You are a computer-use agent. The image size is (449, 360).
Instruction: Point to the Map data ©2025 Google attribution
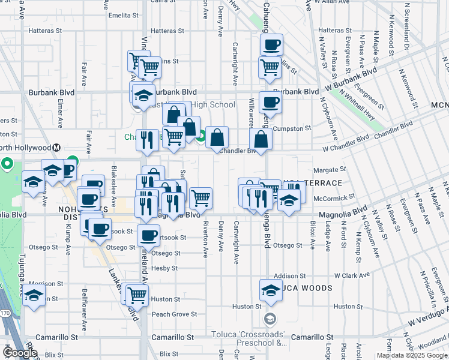tap(412, 355)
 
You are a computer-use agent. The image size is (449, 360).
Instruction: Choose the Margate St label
tap(334, 170)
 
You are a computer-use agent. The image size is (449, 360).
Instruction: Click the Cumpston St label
tap(292, 128)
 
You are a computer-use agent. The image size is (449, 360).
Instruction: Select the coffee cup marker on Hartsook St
tap(148, 235)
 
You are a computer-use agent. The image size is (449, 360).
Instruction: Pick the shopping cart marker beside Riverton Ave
tap(200, 196)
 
